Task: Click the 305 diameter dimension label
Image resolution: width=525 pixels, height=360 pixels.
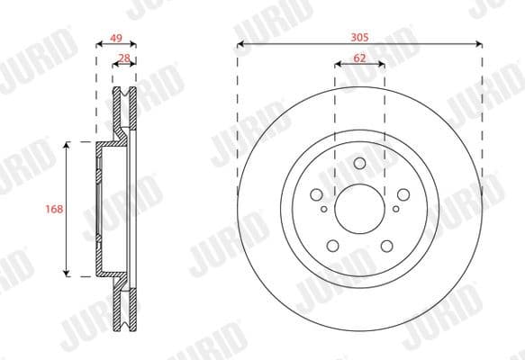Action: click(x=359, y=39)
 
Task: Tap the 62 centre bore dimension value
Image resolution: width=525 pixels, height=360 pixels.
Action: click(x=359, y=57)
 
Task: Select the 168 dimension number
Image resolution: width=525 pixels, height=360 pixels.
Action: click(x=53, y=209)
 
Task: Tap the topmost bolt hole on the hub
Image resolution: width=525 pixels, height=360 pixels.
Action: click(x=359, y=163)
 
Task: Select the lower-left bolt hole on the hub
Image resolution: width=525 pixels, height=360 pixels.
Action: click(x=332, y=247)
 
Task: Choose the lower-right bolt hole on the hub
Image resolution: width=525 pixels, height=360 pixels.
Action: click(x=387, y=247)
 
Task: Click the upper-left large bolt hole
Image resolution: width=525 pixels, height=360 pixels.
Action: click(x=315, y=195)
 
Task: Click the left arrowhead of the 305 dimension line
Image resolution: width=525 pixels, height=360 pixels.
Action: click(x=240, y=45)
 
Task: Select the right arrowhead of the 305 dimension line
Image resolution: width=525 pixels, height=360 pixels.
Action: click(x=479, y=45)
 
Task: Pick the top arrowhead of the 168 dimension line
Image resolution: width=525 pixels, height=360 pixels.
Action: click(x=67, y=145)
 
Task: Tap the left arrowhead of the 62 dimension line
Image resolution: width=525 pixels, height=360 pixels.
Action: click(x=338, y=64)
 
